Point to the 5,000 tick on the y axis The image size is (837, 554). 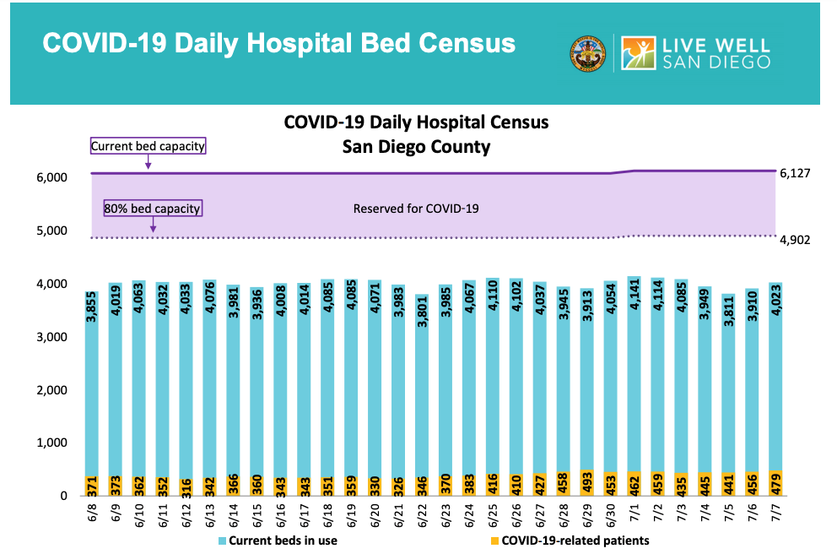(x=50, y=231)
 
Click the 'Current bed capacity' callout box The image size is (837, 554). (x=148, y=146)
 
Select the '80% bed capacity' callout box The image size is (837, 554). (x=153, y=208)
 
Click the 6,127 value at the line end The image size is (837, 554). (x=794, y=174)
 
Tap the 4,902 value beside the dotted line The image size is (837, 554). (x=794, y=240)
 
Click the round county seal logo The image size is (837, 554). (x=588, y=53)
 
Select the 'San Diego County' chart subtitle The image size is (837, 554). (x=416, y=146)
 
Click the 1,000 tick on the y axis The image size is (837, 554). (x=50, y=443)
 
